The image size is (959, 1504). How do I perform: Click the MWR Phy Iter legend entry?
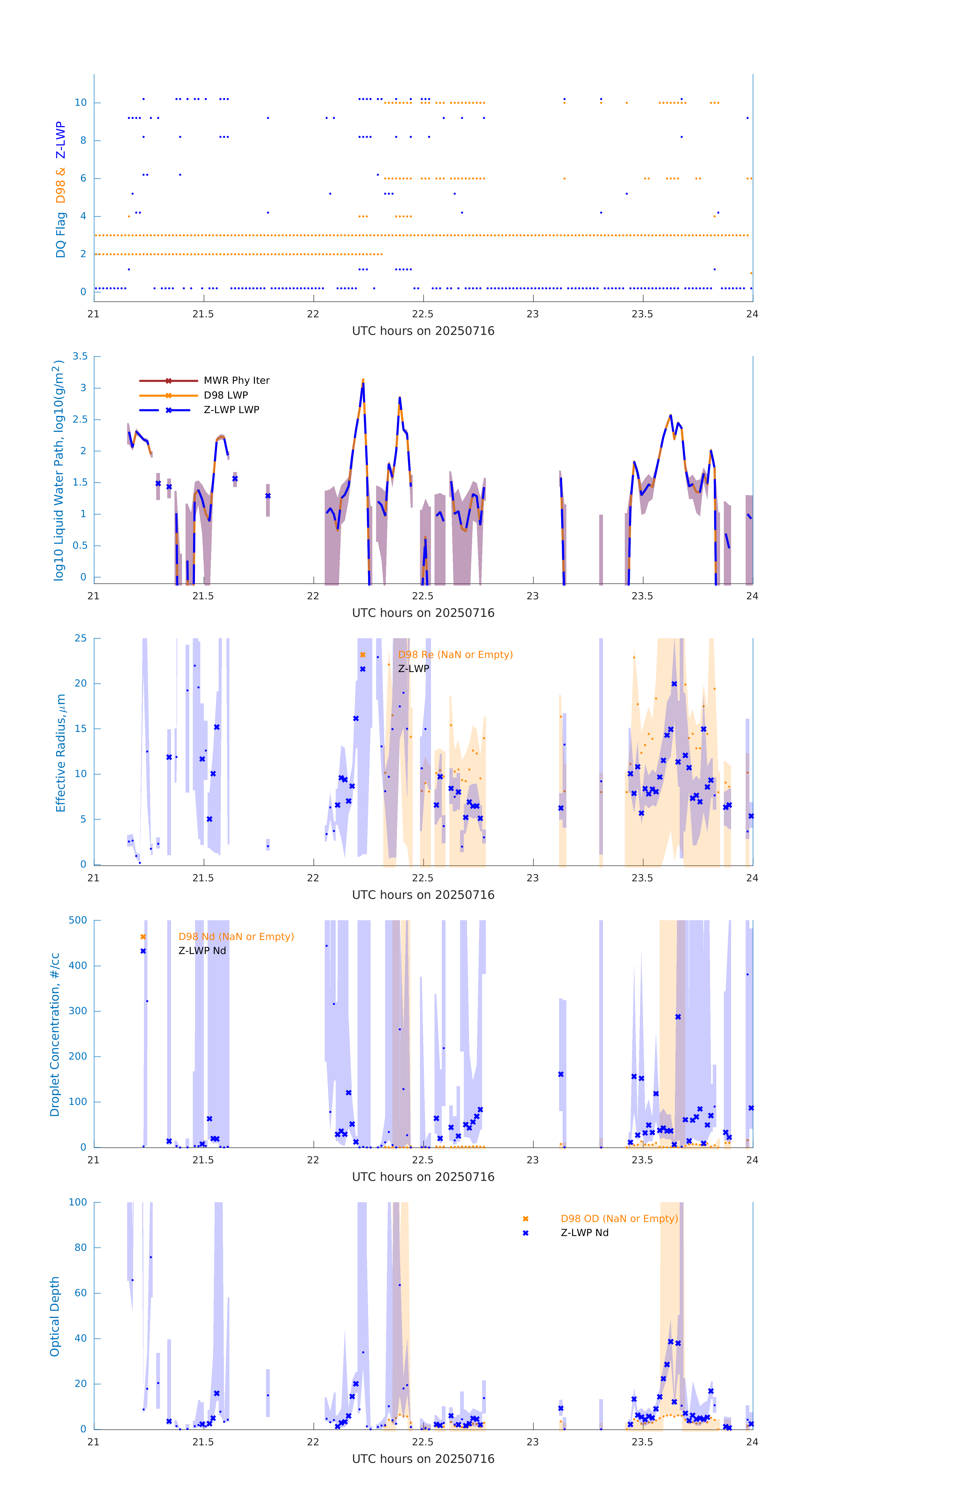(x=236, y=380)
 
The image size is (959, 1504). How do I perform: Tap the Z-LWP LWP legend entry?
(x=231, y=410)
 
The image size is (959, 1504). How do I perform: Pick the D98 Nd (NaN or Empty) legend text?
(x=236, y=937)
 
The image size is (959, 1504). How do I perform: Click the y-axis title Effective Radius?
(x=61, y=753)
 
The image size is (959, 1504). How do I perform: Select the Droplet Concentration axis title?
(x=55, y=1034)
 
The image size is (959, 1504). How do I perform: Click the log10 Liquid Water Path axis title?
(x=58, y=470)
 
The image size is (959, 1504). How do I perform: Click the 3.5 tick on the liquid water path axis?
(x=80, y=357)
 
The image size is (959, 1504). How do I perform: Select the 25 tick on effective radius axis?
(x=80, y=638)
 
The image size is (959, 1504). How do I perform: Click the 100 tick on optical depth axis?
(x=78, y=1202)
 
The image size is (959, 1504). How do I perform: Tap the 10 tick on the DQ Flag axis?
(x=80, y=103)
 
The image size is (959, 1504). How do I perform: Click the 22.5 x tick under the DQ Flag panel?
(x=423, y=314)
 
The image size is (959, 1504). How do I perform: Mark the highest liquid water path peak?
(x=363, y=380)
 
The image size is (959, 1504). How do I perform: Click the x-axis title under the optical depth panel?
(x=423, y=1459)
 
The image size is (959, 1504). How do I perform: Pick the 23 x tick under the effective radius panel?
(x=533, y=878)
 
